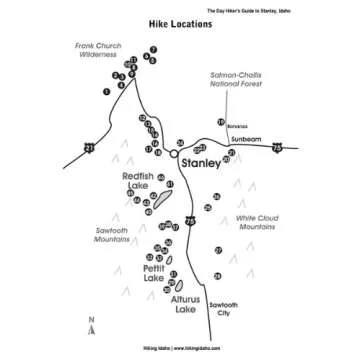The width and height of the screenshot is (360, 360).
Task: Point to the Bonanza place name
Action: [236, 127]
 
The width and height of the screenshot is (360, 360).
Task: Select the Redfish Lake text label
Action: [138, 181]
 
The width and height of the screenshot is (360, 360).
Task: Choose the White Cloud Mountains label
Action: [256, 223]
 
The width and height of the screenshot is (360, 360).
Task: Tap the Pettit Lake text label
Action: [153, 273]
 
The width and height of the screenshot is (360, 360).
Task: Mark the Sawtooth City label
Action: [222, 309]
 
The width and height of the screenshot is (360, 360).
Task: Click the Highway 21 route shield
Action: [90, 148]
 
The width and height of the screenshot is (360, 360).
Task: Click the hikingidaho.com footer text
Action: [180, 349]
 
